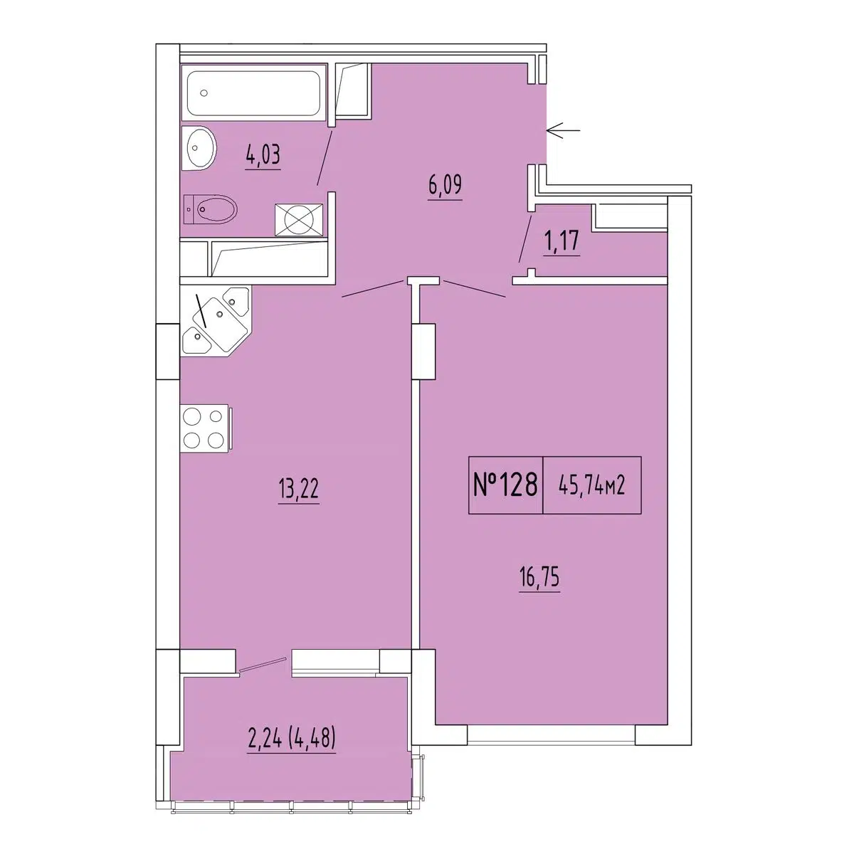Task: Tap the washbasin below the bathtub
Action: coord(199,147)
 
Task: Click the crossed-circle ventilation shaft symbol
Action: coord(299,219)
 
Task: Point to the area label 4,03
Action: coord(263,157)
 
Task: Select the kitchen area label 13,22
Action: coord(299,490)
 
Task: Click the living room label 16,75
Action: coord(539,578)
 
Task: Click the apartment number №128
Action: coord(505,485)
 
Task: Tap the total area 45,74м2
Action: coord(591,487)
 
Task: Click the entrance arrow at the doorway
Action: coord(563,130)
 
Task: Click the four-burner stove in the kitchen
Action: coord(204,428)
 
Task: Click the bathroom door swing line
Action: coord(325,156)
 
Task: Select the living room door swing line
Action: coord(475,288)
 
